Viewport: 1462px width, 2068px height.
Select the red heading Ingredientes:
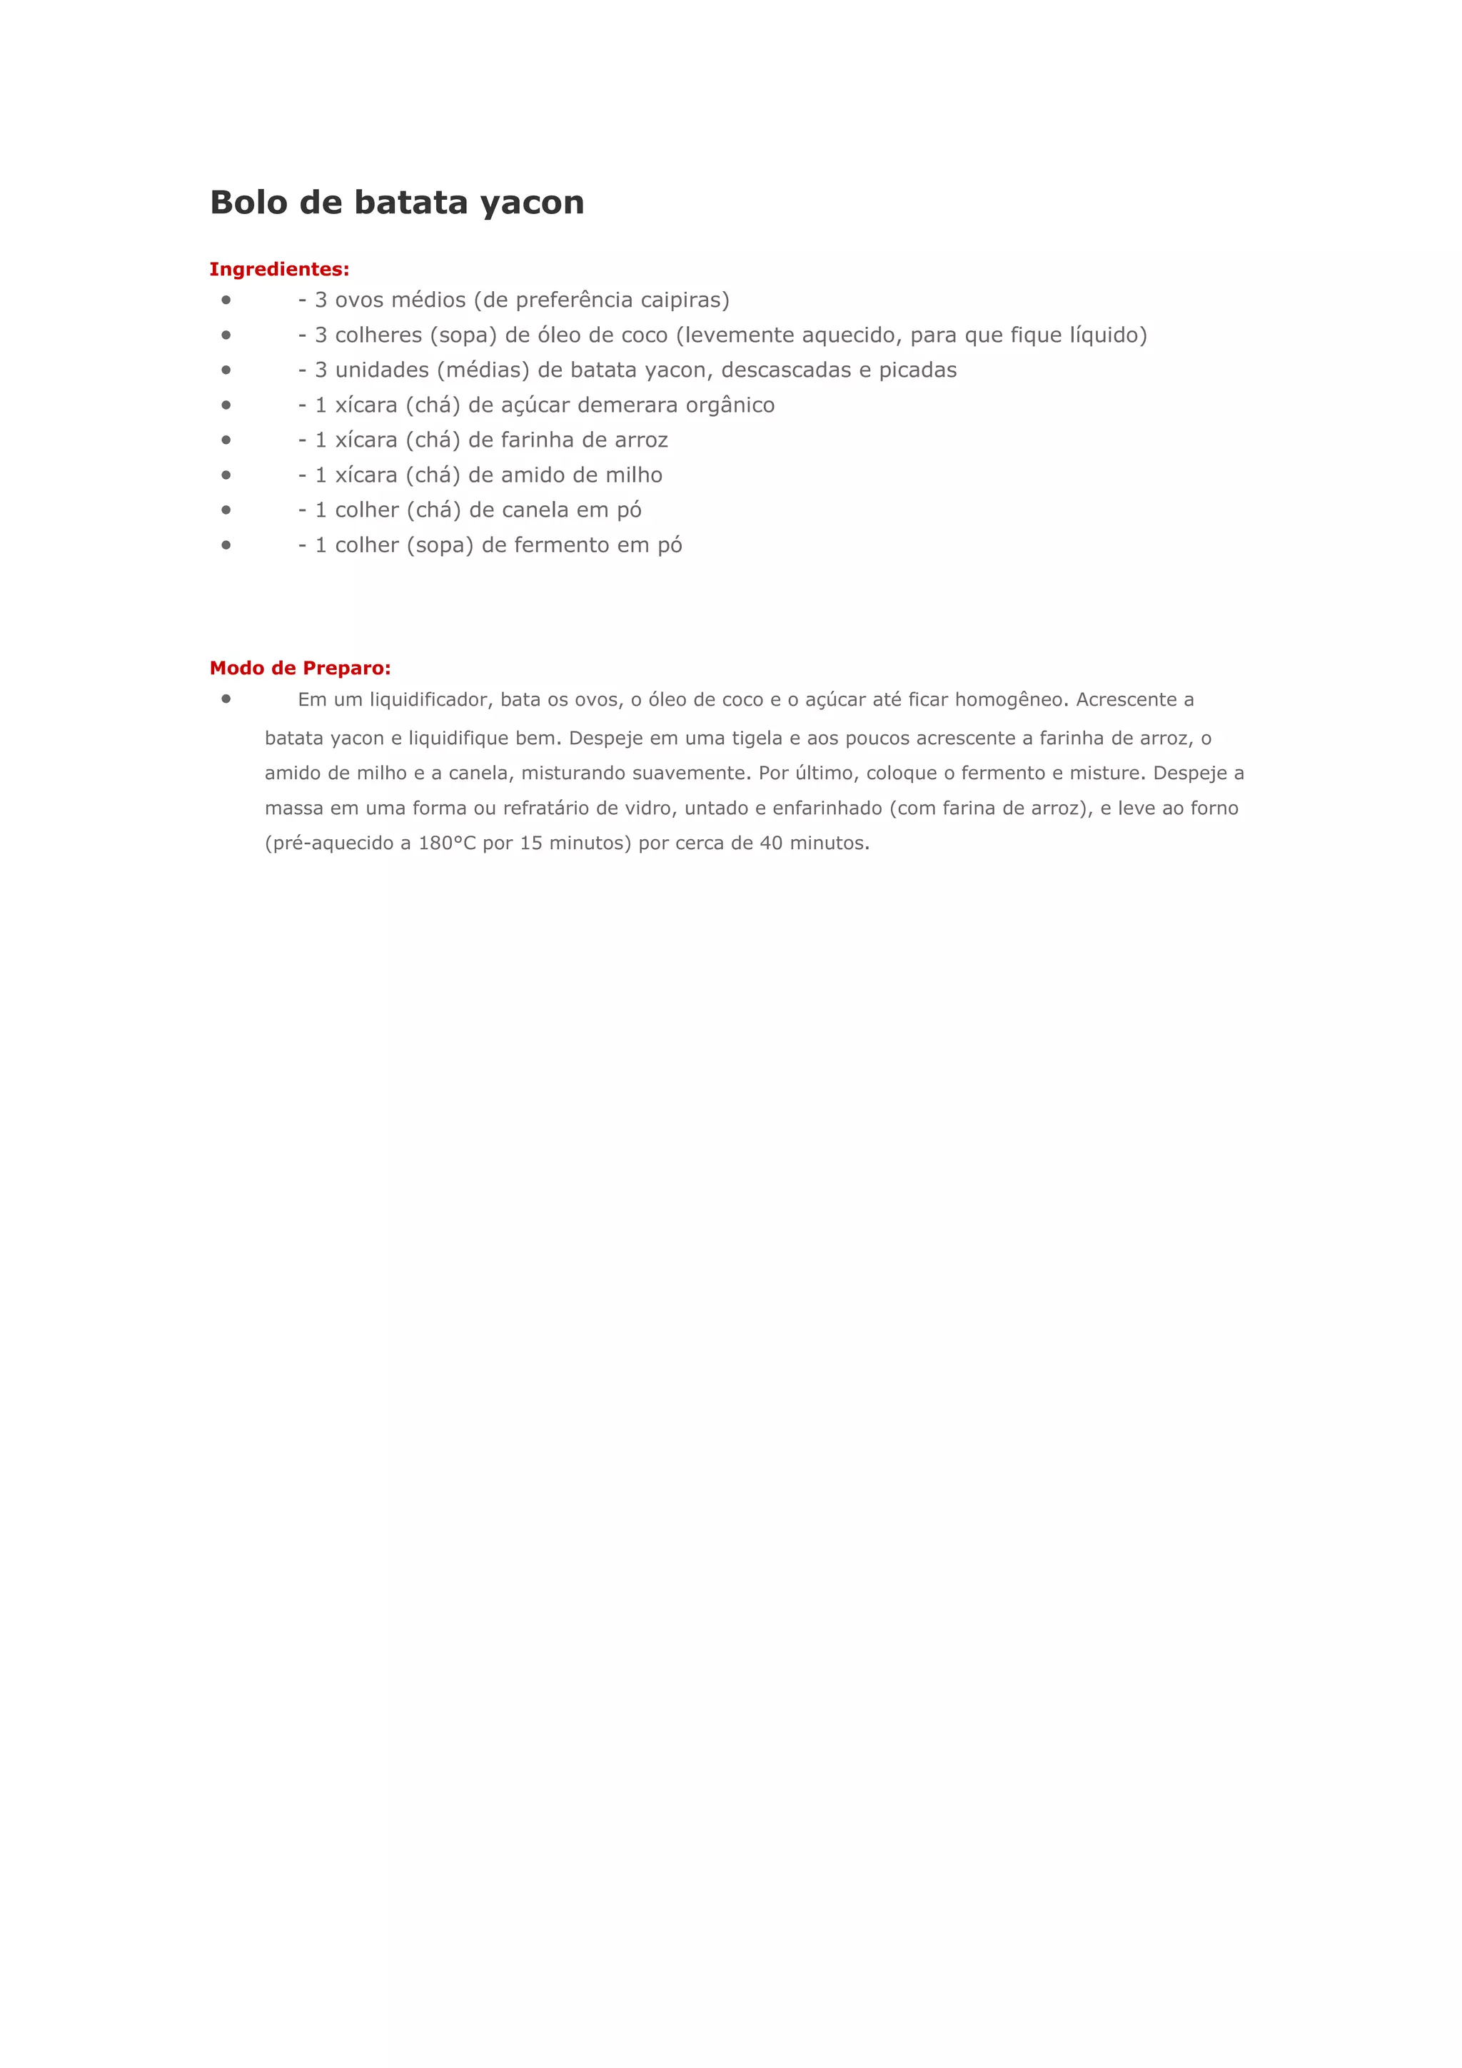(x=279, y=269)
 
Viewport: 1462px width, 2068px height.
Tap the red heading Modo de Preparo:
(x=300, y=669)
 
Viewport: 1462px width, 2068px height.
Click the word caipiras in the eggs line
(x=685, y=300)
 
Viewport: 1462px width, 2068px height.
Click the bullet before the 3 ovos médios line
(x=226, y=300)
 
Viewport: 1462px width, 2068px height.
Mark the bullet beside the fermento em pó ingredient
(x=226, y=545)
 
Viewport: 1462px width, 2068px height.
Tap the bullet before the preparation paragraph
(x=226, y=699)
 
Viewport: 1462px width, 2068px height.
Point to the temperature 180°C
(x=447, y=844)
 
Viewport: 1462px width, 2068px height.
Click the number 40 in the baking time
(x=771, y=844)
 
